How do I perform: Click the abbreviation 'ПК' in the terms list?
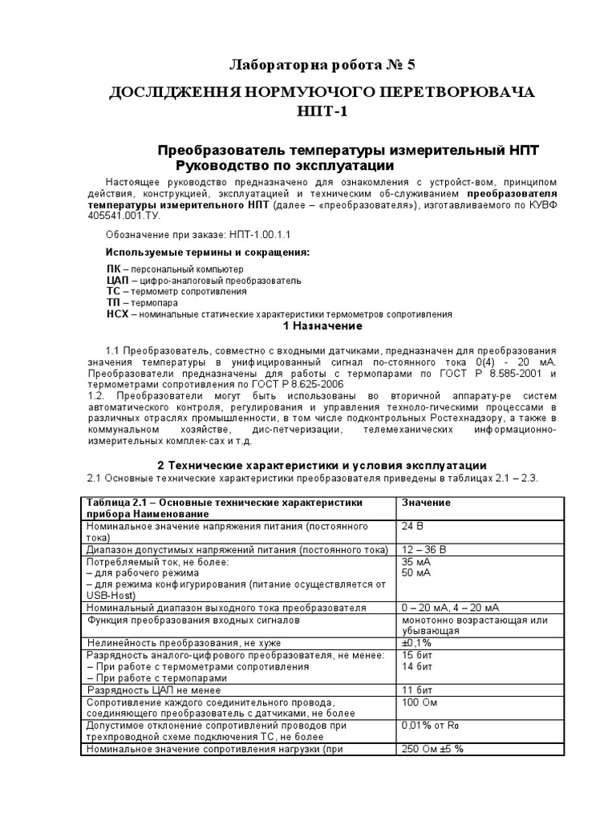click(114, 269)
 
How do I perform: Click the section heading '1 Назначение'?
click(323, 327)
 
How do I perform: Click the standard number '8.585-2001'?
click(511, 374)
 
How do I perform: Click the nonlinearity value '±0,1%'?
click(416, 643)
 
